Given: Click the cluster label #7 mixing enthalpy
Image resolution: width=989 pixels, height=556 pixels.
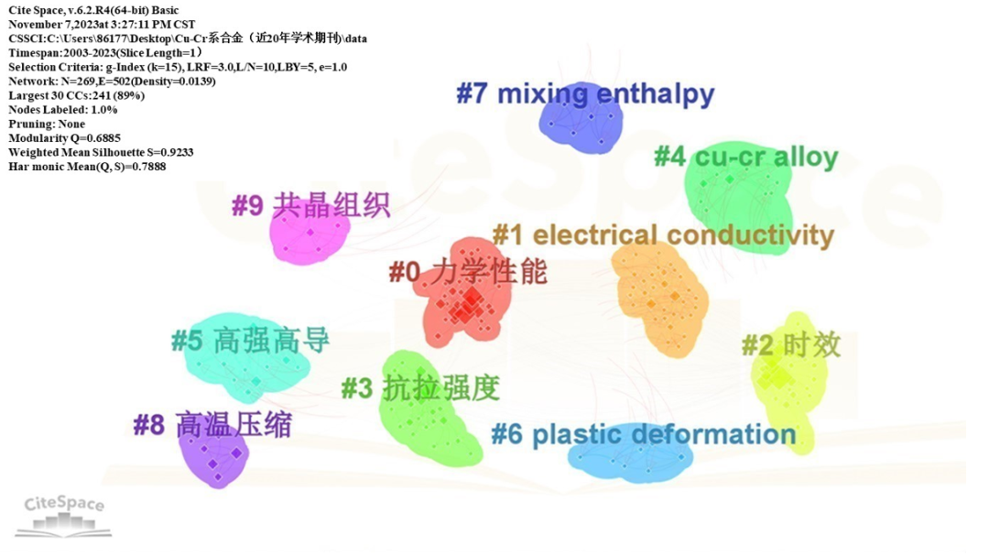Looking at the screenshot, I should pyautogui.click(x=585, y=93).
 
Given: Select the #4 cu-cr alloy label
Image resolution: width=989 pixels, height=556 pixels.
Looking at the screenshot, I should pyautogui.click(x=745, y=157).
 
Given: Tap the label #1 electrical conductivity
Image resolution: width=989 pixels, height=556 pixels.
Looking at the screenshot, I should pyautogui.click(x=663, y=235).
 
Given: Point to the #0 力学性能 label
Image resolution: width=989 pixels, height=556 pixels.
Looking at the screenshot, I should pyautogui.click(x=468, y=271).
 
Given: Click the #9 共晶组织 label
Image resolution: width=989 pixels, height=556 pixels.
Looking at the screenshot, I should pyautogui.click(x=310, y=205).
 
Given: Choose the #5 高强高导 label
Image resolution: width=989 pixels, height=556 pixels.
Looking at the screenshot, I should pyautogui.click(x=250, y=342).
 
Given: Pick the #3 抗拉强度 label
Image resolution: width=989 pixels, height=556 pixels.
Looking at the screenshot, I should pyautogui.click(x=420, y=388).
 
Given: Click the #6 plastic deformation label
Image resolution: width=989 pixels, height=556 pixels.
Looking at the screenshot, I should pyautogui.click(x=643, y=433).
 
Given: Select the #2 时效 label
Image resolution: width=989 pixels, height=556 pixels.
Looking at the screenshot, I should pyautogui.click(x=790, y=345).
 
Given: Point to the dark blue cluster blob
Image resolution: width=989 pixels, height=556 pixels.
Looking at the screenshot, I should pyautogui.click(x=581, y=124).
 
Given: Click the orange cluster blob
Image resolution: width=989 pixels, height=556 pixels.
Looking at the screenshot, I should pyautogui.click(x=659, y=302).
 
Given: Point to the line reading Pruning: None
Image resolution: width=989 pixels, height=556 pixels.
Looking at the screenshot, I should pyautogui.click(x=47, y=124).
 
